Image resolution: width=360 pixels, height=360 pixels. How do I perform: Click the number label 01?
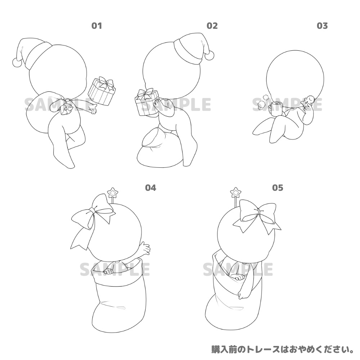96,26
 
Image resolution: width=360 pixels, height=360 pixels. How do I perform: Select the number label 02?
212,26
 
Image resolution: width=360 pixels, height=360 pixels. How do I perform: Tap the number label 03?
322,26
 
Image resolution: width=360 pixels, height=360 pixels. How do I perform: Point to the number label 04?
150,188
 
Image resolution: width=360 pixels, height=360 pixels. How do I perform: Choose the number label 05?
278,188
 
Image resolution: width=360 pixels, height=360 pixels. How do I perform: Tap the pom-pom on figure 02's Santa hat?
209,55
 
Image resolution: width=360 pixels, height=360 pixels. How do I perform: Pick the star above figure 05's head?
237,192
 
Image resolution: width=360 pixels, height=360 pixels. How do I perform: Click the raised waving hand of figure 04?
145,248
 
